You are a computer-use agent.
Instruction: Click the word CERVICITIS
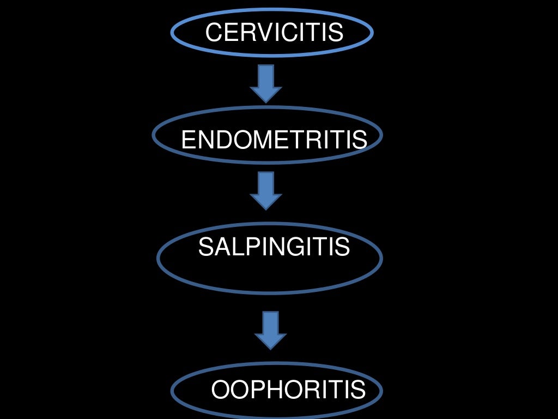pyautogui.click(x=274, y=33)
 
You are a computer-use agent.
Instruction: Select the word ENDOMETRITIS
pyautogui.click(x=274, y=140)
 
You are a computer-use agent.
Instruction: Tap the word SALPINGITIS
pyautogui.click(x=274, y=247)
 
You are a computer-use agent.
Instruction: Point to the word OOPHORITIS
pyautogui.click(x=288, y=390)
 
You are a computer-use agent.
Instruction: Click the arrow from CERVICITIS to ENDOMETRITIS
pyautogui.click(x=266, y=83)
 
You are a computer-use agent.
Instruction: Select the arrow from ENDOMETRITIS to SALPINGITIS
pyautogui.click(x=266, y=190)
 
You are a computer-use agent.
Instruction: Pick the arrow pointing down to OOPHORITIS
pyautogui.click(x=270, y=330)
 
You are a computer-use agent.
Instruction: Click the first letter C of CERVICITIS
pyautogui.click(x=214, y=33)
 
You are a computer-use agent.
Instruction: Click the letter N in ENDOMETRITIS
pyautogui.click(x=203, y=140)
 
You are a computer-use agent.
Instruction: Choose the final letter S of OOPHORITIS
pyautogui.click(x=357, y=390)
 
